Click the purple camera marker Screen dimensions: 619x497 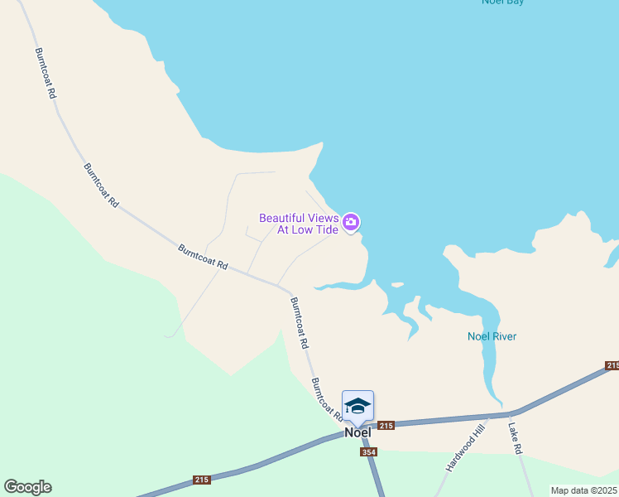[x=351, y=221]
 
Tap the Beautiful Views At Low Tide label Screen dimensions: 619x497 [x=299, y=224]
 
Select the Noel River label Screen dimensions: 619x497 [x=492, y=336]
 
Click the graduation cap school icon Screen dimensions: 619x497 [x=357, y=406]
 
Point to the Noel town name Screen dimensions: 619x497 [x=357, y=432]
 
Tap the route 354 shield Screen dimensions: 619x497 [x=369, y=451]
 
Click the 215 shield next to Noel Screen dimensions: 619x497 [x=386, y=425]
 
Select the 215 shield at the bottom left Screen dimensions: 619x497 [x=202, y=480]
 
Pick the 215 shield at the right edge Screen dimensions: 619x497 [x=612, y=365]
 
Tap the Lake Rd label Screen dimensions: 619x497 [x=515, y=438]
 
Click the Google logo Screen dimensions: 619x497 [x=27, y=487]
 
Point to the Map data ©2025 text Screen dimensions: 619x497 [x=584, y=490]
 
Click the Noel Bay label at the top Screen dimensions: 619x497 [x=503, y=2]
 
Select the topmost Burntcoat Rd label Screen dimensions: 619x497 [x=45, y=73]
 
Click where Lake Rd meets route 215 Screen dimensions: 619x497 [x=510, y=414]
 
